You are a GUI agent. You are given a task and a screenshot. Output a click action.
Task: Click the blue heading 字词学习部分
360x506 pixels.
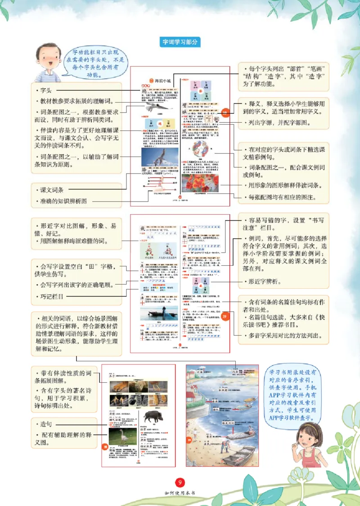pyautogui.click(x=180, y=42)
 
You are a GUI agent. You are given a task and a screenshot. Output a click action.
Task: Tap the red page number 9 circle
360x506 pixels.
pyautogui.click(x=180, y=482)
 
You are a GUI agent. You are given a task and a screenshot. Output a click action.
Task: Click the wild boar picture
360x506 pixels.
pyautogui.click(x=150, y=416)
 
